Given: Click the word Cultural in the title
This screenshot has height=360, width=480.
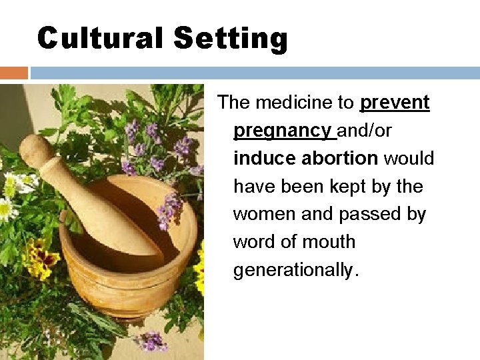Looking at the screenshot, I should tap(101, 38).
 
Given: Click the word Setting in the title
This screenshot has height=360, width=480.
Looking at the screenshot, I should tap(230, 38).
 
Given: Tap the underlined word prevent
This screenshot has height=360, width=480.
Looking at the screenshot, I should tap(395, 103).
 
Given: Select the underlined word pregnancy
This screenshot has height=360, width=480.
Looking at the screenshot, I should tap(283, 131).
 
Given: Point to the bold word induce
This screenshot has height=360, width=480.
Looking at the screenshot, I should tap(265, 159).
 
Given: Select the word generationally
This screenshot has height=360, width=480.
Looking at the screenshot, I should tap(295, 270).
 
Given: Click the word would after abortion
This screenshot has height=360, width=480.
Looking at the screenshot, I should tap(409, 159).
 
